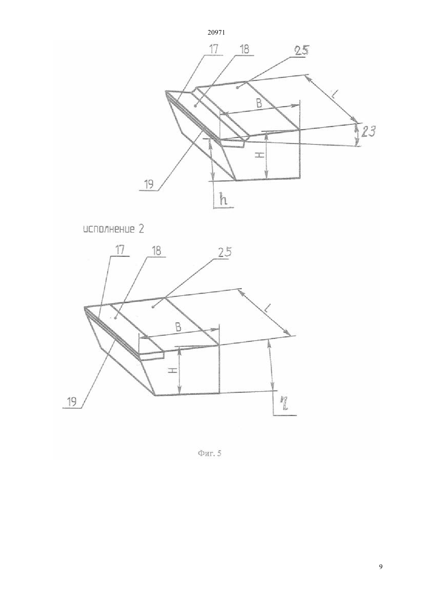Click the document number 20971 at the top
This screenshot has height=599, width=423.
click(216, 33)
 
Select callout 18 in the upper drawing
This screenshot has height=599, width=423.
click(244, 50)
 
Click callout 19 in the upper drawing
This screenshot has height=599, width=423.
click(149, 185)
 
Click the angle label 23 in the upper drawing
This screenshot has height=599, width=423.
click(368, 132)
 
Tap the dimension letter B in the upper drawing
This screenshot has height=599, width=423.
click(259, 103)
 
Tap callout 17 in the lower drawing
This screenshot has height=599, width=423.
click(120, 251)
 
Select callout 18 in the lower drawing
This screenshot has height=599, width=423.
click(157, 251)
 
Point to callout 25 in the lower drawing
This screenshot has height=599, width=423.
click(225, 253)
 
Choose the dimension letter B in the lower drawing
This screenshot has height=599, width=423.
click(178, 327)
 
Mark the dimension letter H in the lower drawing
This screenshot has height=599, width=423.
click(173, 370)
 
